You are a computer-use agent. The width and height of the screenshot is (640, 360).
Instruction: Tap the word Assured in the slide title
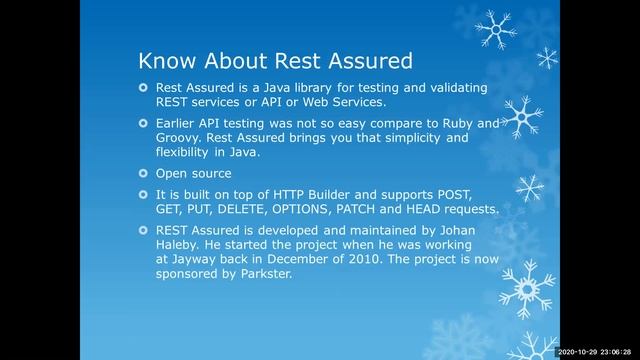pos(365,58)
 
